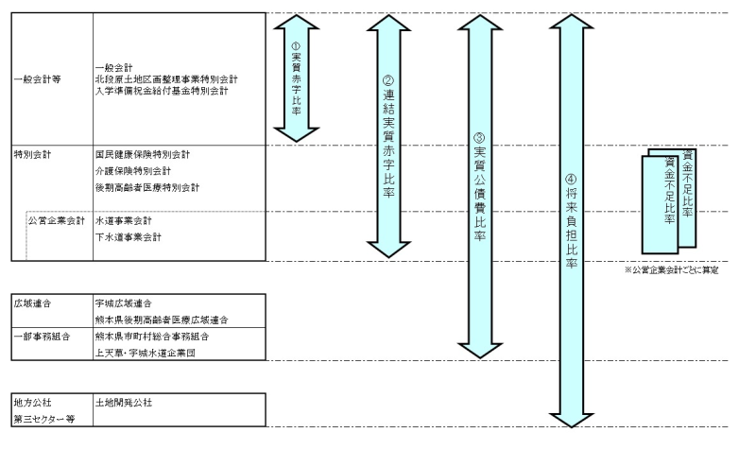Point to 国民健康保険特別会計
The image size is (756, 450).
[143, 154]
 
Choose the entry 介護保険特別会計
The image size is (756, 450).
[133, 171]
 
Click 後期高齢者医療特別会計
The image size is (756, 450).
[147, 188]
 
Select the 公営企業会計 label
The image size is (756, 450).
[58, 220]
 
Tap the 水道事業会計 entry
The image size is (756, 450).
[123, 220]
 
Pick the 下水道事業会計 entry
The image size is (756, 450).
[128, 236]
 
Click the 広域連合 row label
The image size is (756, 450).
[32, 303]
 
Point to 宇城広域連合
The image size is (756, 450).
[124, 303]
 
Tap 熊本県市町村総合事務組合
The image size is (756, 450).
[151, 337]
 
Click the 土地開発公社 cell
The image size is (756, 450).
[124, 403]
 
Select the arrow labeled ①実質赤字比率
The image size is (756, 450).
[294, 77]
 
